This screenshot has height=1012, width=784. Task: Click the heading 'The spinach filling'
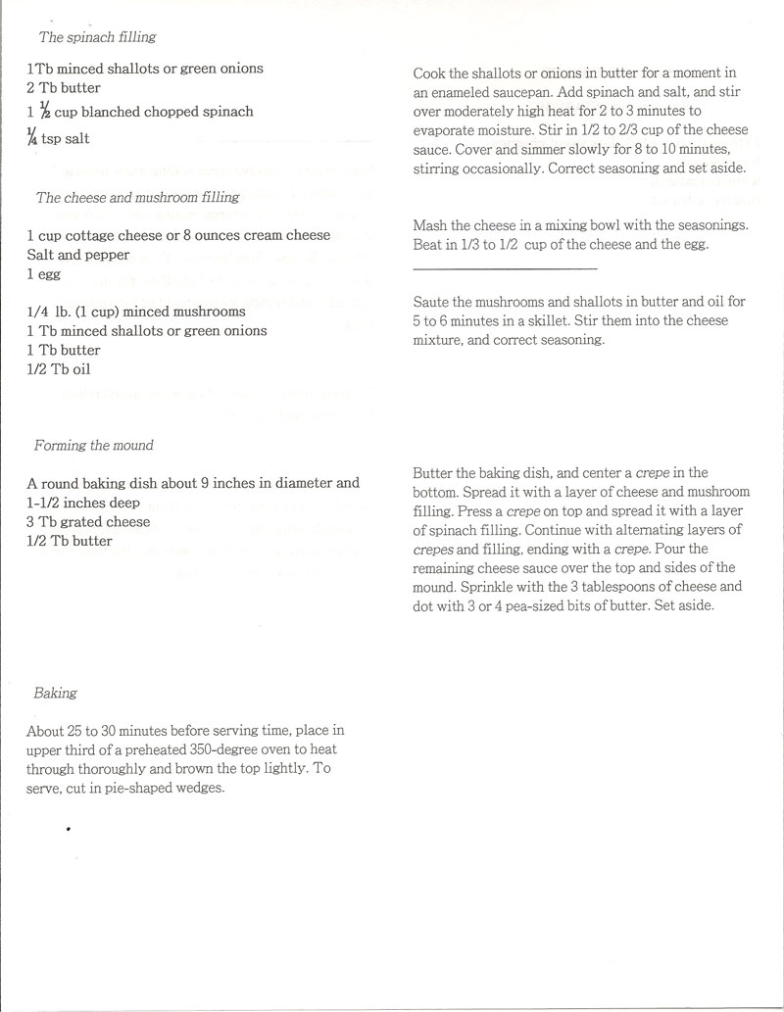click(x=97, y=38)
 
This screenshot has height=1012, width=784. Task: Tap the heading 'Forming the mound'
click(x=94, y=445)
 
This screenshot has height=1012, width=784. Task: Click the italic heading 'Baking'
click(x=55, y=693)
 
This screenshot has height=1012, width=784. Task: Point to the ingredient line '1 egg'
click(x=45, y=275)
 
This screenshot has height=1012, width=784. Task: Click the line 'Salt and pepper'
click(x=74, y=255)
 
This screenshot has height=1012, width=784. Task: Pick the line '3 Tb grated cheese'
click(x=88, y=521)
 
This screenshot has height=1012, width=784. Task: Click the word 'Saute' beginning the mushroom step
click(x=432, y=303)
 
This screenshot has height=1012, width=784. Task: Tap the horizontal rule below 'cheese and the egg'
click(x=506, y=267)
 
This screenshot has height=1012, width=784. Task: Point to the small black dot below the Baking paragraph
click(x=69, y=829)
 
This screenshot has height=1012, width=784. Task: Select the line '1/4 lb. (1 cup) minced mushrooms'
click(x=136, y=312)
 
